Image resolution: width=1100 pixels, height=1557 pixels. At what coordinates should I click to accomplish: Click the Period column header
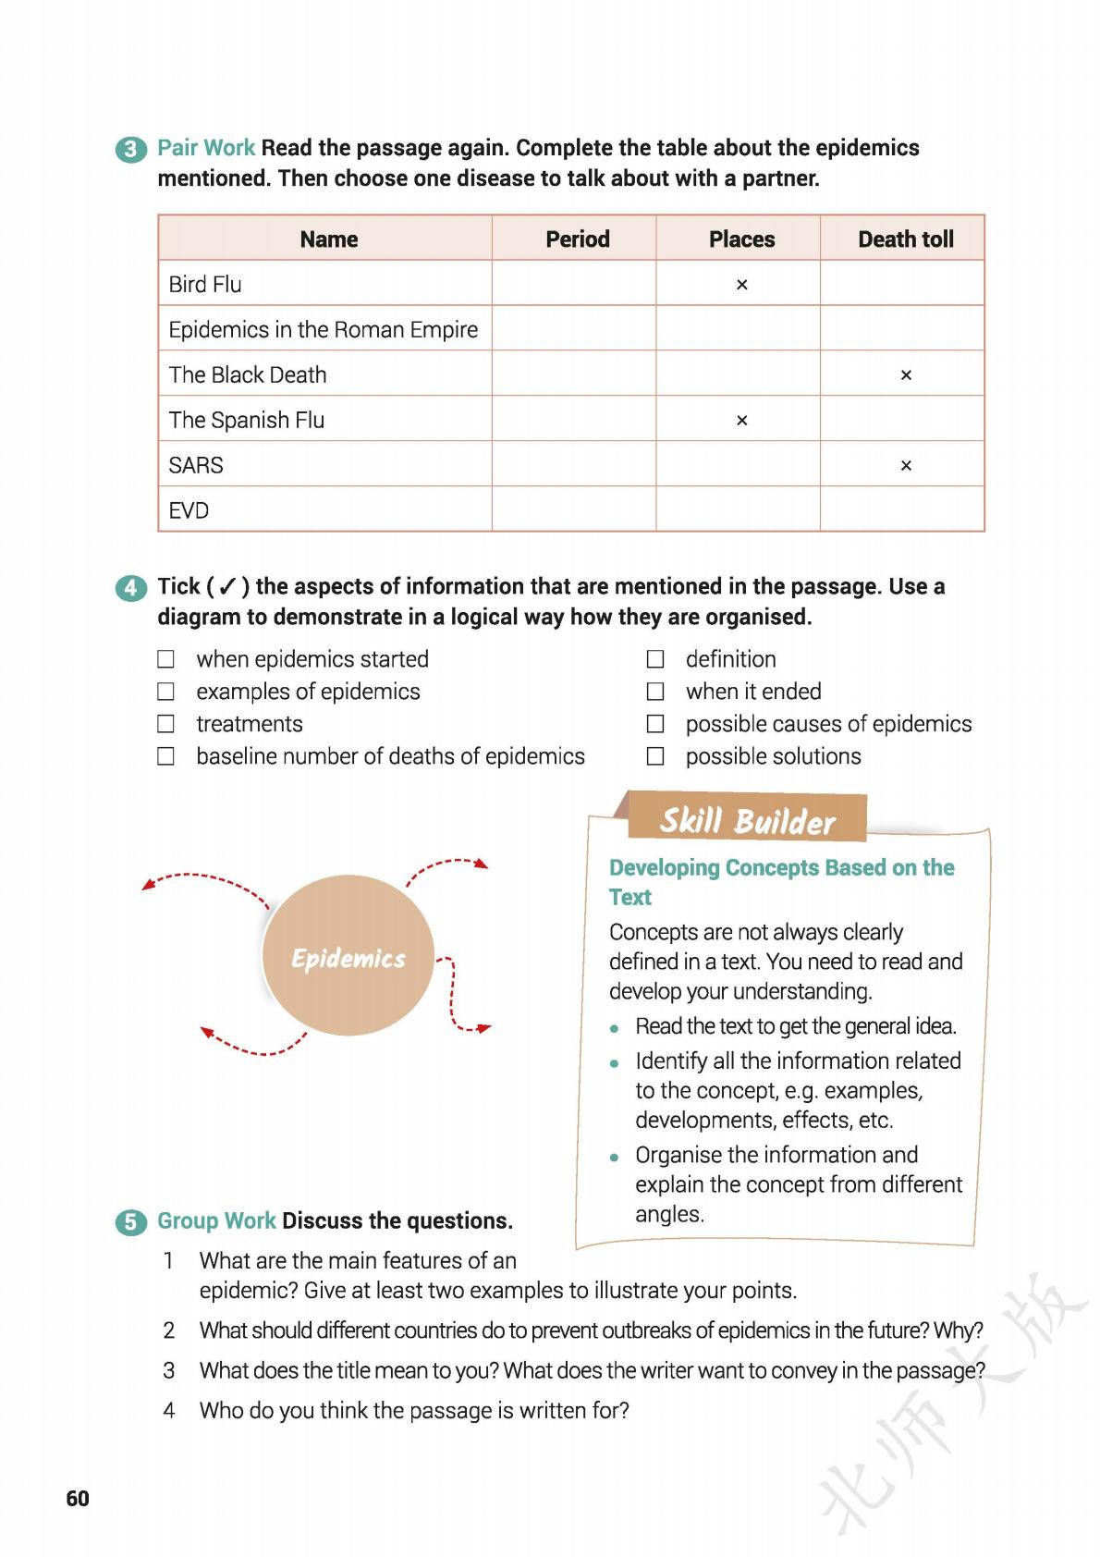577,239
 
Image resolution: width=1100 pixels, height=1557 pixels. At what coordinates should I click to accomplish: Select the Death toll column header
905,239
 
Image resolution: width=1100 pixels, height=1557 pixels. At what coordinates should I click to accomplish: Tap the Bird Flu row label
205,284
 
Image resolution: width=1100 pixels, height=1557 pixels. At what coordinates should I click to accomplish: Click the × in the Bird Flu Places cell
741,285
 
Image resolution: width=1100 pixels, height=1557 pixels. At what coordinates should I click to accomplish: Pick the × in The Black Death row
906,375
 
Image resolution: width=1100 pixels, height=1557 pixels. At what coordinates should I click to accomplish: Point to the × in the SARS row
906,466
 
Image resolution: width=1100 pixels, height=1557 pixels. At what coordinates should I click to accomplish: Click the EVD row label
189,510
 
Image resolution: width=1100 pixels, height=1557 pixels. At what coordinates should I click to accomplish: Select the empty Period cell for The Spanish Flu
573,420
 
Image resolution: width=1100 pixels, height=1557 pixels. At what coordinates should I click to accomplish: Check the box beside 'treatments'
166,724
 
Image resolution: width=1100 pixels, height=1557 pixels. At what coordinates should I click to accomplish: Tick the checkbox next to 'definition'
655,659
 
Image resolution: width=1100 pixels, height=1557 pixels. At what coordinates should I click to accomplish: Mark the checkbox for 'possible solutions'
655,756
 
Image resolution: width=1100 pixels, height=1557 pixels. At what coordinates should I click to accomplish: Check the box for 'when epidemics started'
166,659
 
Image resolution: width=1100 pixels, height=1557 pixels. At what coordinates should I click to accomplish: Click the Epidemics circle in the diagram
348,957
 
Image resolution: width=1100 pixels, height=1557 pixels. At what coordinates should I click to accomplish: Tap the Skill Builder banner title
747,820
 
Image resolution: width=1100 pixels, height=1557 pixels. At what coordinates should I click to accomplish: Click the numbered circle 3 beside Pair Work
131,149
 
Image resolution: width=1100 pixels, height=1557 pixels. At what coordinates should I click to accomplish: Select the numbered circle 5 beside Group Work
131,1221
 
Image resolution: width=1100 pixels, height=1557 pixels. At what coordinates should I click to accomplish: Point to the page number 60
78,1499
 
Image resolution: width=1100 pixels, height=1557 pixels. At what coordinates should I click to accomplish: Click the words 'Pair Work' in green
206,148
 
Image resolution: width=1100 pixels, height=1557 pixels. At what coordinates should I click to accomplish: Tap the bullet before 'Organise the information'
615,1157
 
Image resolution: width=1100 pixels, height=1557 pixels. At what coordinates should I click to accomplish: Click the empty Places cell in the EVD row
738,510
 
